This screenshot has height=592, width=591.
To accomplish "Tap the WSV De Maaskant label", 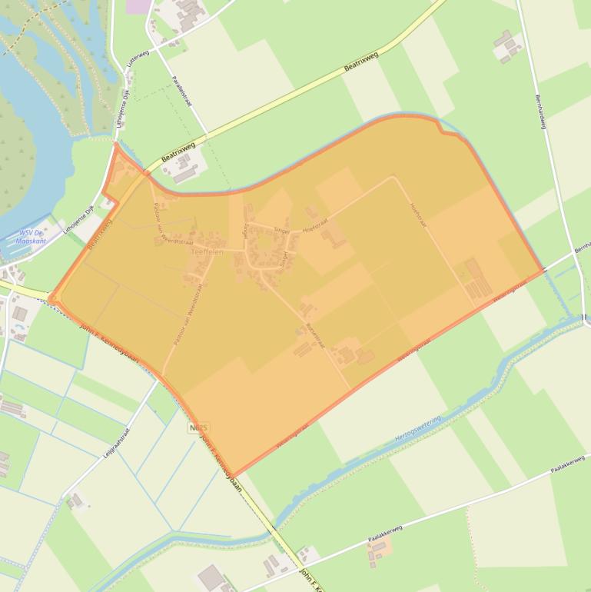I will click(33, 236).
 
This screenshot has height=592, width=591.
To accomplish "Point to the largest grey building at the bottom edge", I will click(211, 577).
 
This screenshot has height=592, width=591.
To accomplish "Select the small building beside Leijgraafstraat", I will click(75, 501).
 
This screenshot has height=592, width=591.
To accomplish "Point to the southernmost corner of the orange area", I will click(233, 476).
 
